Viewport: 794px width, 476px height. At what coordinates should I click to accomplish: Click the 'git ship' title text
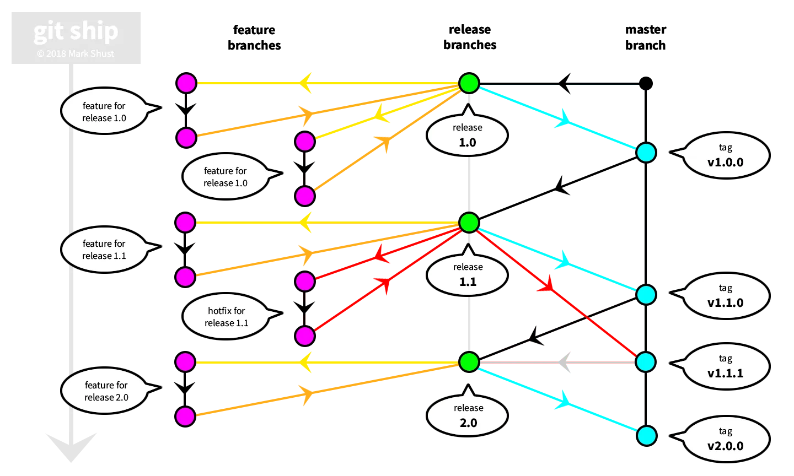(x=76, y=31)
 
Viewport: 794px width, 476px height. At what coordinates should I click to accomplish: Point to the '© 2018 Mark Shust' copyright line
(x=76, y=53)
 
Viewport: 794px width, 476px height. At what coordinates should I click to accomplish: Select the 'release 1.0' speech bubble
(x=467, y=136)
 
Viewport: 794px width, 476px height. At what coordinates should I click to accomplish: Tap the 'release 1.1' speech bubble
(x=468, y=275)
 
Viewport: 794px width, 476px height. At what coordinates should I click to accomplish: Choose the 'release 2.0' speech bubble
(x=468, y=416)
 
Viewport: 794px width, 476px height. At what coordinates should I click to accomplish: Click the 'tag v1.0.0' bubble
(x=725, y=155)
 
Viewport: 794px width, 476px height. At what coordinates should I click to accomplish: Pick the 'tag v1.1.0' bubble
(x=725, y=296)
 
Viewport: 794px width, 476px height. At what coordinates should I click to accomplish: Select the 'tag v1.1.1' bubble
(x=725, y=366)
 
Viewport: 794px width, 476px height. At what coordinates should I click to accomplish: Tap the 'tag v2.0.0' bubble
(x=725, y=439)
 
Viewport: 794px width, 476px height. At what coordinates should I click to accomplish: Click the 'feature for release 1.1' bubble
(x=104, y=250)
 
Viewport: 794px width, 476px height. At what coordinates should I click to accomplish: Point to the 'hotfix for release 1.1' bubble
(x=226, y=317)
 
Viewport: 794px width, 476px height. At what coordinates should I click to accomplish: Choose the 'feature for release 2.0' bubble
(x=106, y=391)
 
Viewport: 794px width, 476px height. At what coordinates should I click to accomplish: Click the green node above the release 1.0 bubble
(x=469, y=83)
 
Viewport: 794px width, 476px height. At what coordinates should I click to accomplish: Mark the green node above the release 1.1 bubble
(x=469, y=223)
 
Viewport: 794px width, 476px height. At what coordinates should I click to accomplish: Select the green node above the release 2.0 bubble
(x=469, y=362)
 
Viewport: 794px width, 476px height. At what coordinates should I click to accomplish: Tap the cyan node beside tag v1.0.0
(x=646, y=153)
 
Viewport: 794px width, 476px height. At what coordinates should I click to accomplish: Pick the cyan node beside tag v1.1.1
(x=646, y=362)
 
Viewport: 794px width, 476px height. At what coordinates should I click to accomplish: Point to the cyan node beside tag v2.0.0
(x=646, y=436)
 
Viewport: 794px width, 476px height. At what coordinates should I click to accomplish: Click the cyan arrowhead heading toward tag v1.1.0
(x=565, y=259)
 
